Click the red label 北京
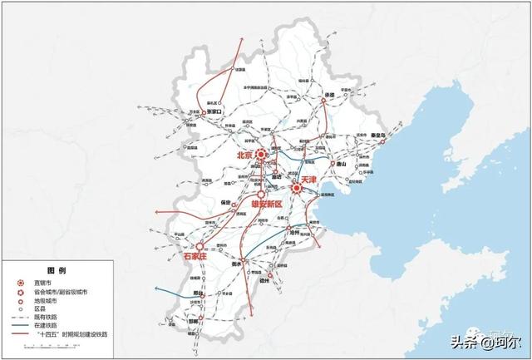tap(244, 155)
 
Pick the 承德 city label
tap(329, 95)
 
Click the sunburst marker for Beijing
tap(261, 155)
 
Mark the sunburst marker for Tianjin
tap(294, 188)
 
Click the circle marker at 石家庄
tap(199, 246)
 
